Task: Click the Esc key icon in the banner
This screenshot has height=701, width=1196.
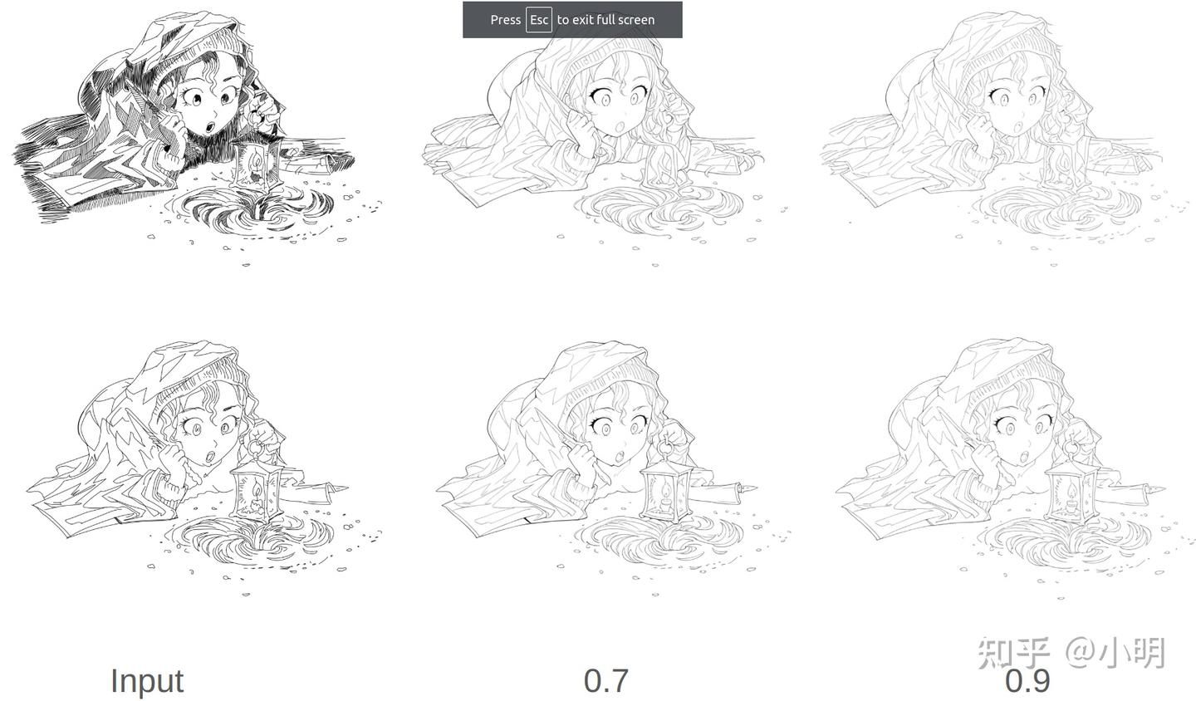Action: [538, 19]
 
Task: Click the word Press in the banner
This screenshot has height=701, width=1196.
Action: [505, 19]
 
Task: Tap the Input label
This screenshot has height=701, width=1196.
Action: [146, 680]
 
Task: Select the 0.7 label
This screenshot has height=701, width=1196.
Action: [605, 680]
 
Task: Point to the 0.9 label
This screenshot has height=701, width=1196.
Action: [1027, 681]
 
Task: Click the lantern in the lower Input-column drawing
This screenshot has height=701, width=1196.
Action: [253, 490]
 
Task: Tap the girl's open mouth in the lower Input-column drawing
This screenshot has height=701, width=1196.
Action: [212, 456]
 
